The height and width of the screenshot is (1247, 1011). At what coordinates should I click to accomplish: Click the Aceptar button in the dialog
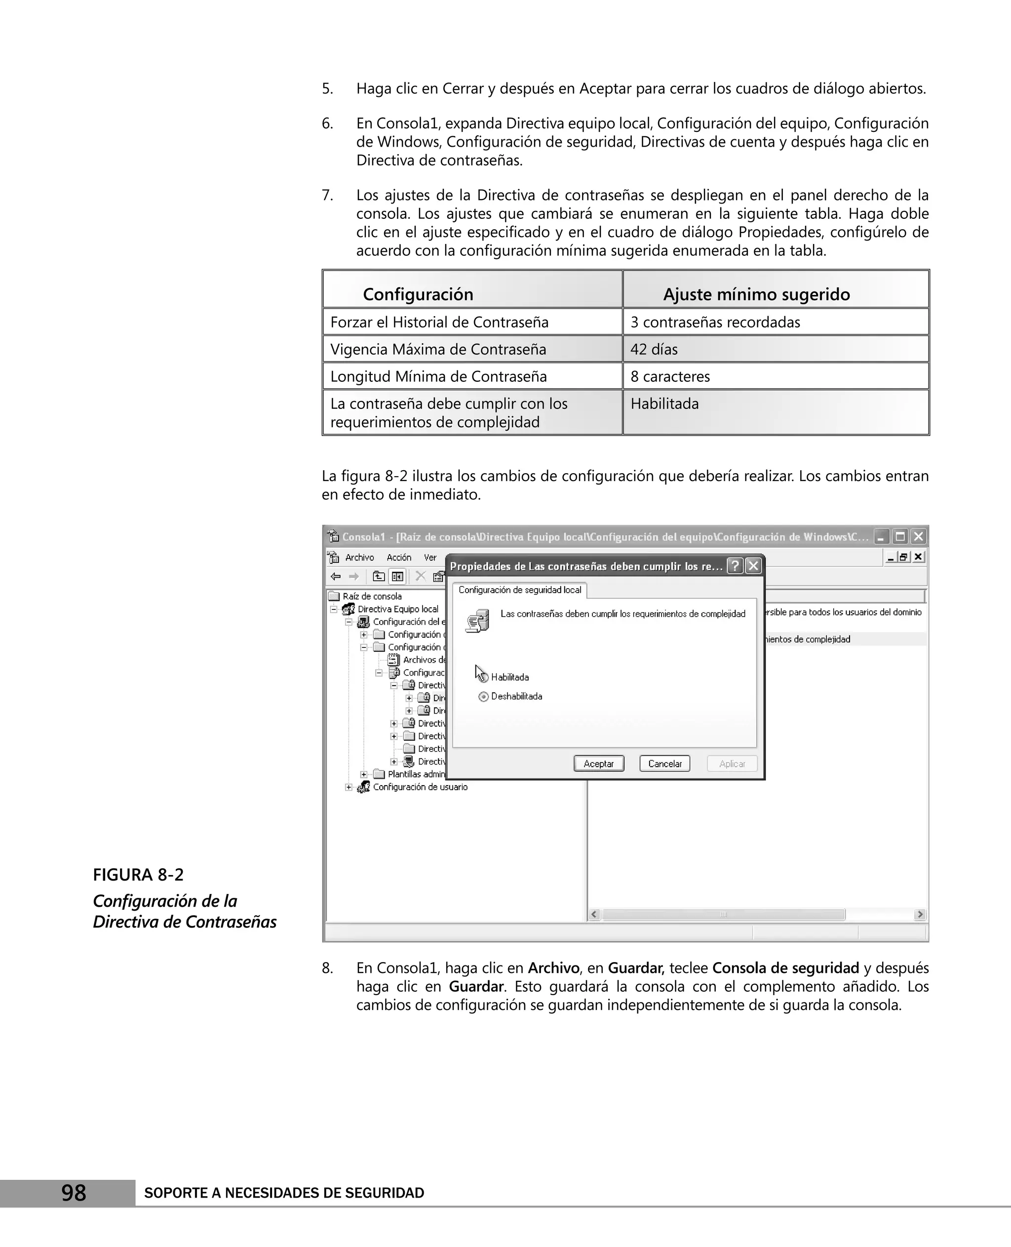pyautogui.click(x=599, y=764)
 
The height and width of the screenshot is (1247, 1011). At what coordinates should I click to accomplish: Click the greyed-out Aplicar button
pyautogui.click(x=732, y=764)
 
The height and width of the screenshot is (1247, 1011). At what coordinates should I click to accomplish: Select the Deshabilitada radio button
pyautogui.click(x=483, y=696)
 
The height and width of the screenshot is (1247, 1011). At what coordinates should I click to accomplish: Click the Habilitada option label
pyautogui.click(x=509, y=677)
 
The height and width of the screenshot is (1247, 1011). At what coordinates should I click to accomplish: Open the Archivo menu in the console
pyautogui.click(x=359, y=558)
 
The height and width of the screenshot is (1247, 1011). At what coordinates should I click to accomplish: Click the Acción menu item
pyautogui.click(x=399, y=558)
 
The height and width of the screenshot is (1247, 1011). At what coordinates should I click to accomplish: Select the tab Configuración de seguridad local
pyautogui.click(x=519, y=590)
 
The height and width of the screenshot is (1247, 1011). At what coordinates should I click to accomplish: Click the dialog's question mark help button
pyautogui.click(x=736, y=566)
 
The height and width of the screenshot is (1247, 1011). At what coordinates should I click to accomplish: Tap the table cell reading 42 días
pyautogui.click(x=654, y=349)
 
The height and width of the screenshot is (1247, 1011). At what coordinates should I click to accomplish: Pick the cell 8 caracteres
pyautogui.click(x=670, y=376)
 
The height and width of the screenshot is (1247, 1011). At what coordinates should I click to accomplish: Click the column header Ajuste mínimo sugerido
pyautogui.click(x=756, y=294)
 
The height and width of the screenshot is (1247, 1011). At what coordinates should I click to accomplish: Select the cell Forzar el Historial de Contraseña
pyautogui.click(x=439, y=322)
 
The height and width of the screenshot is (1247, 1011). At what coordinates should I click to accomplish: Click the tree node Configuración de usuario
pyautogui.click(x=420, y=787)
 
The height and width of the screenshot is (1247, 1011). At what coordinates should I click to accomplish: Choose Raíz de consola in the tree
pyautogui.click(x=372, y=596)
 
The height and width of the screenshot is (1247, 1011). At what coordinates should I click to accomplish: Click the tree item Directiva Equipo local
pyautogui.click(x=398, y=609)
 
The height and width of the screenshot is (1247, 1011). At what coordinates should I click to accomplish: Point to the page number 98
pyautogui.click(x=74, y=1193)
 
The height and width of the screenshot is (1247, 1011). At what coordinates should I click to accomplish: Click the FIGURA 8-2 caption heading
pyautogui.click(x=138, y=875)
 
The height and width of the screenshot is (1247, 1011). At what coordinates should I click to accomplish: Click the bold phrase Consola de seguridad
pyautogui.click(x=785, y=968)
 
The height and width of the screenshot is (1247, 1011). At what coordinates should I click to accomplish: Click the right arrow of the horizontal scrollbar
pyautogui.click(x=920, y=914)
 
